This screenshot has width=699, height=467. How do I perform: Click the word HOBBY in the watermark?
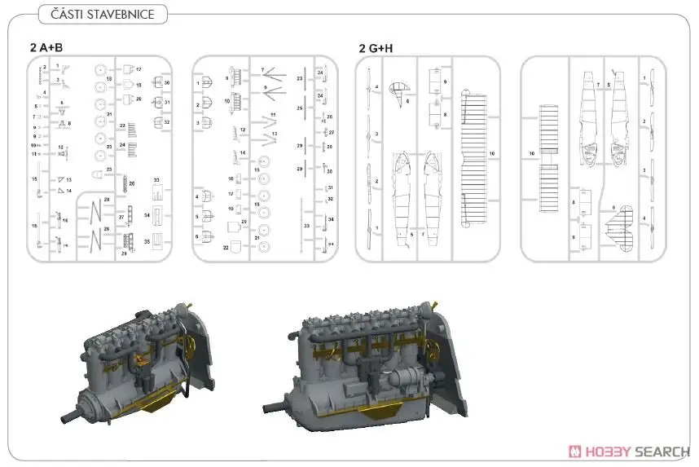pyautogui.click(x=608, y=451)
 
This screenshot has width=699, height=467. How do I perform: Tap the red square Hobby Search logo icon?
pyautogui.click(x=575, y=451)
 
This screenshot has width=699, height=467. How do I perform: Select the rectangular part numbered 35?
pyautogui.click(x=158, y=241)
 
